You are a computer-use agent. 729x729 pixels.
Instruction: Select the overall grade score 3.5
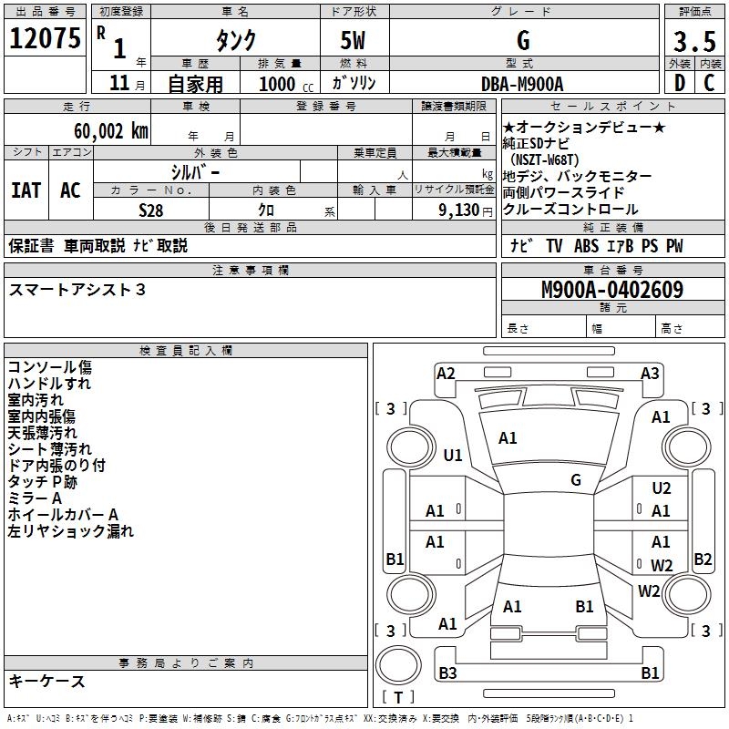click(693, 41)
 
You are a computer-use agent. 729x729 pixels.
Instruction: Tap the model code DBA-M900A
click(522, 84)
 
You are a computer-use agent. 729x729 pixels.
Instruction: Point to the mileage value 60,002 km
click(104, 130)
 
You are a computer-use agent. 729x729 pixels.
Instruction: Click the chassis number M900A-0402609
click(611, 290)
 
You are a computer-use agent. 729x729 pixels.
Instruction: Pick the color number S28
click(151, 210)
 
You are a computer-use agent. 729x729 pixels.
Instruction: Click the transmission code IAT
click(26, 190)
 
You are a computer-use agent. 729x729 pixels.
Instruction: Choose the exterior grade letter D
click(679, 84)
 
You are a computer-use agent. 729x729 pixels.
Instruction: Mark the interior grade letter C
click(709, 84)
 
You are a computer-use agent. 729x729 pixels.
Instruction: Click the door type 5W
click(354, 41)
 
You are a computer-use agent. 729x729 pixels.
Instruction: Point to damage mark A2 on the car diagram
click(446, 373)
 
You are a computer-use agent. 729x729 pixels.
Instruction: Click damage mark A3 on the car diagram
click(650, 373)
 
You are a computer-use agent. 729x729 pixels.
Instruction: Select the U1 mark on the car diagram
click(453, 455)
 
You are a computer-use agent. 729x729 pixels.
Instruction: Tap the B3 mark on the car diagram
click(447, 673)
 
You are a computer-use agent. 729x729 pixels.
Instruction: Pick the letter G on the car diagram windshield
click(576, 479)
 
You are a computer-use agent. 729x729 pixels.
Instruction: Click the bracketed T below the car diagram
click(398, 698)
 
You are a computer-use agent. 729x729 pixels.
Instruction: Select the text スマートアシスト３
click(77, 290)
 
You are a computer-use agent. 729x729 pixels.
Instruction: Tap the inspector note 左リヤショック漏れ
click(70, 531)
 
